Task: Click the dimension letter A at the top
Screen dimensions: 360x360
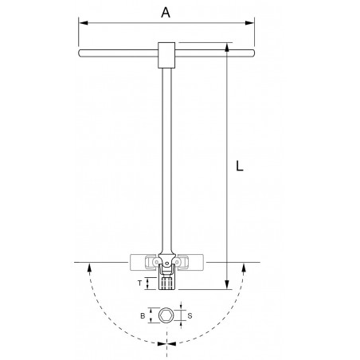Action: click(x=166, y=13)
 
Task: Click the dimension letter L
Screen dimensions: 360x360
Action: click(x=240, y=166)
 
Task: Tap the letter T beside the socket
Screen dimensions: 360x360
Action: click(x=139, y=283)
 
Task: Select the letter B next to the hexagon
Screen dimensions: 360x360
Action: click(x=143, y=315)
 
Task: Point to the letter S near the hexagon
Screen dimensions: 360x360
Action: click(x=190, y=315)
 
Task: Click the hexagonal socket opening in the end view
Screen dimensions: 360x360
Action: click(x=166, y=315)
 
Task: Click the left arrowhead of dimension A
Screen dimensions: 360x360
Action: click(x=84, y=23)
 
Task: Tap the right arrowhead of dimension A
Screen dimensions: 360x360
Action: click(x=249, y=23)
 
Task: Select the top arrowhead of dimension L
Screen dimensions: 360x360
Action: click(x=227, y=47)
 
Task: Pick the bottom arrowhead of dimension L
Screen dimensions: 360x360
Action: click(x=227, y=284)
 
